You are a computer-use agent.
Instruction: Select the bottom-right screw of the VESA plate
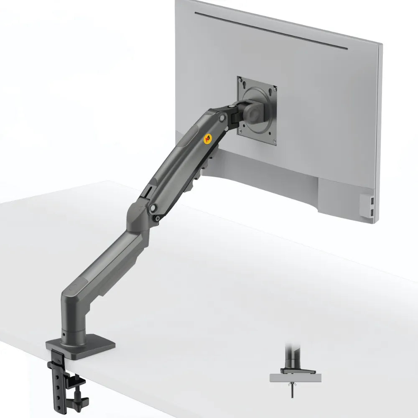[x=274, y=141]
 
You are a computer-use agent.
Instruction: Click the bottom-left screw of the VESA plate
[x=240, y=131]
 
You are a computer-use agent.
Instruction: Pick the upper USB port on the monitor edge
[x=372, y=199]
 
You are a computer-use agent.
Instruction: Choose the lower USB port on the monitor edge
[x=372, y=212]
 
